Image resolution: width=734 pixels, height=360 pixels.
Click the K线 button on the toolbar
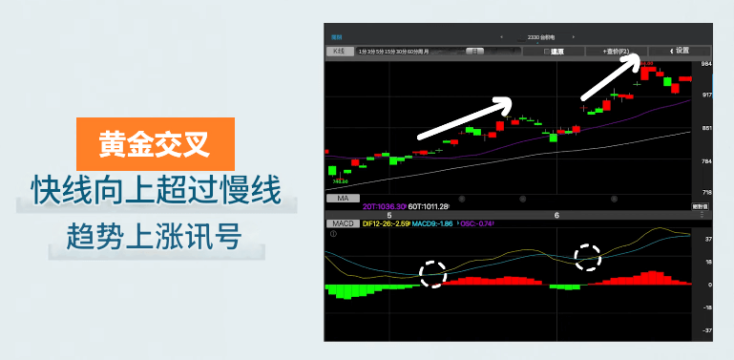tap(338, 52)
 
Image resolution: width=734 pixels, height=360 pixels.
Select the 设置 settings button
tap(679, 51)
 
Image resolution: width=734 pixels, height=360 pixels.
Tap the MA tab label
tap(340, 199)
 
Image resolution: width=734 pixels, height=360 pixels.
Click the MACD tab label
tap(344, 222)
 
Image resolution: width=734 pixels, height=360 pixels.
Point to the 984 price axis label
tap(706, 64)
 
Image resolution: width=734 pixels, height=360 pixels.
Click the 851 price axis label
tap(706, 128)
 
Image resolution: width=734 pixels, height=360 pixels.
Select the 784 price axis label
tap(706, 160)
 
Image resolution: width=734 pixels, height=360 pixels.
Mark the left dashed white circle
tap(433, 274)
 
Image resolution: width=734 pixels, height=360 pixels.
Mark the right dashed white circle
tap(588, 256)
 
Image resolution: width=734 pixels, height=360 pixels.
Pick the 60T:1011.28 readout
tap(430, 206)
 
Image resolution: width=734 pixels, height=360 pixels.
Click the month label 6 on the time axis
tap(556, 215)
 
